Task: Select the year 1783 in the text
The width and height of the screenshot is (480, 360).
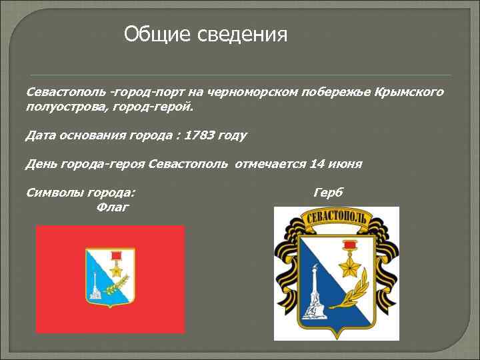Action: pos(200,135)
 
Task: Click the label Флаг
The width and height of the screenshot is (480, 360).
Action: pos(113,207)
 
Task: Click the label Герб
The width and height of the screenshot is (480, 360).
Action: pos(328,193)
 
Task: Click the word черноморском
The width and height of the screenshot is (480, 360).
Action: pos(247,91)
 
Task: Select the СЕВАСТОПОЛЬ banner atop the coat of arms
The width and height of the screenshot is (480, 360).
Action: pos(336,219)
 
